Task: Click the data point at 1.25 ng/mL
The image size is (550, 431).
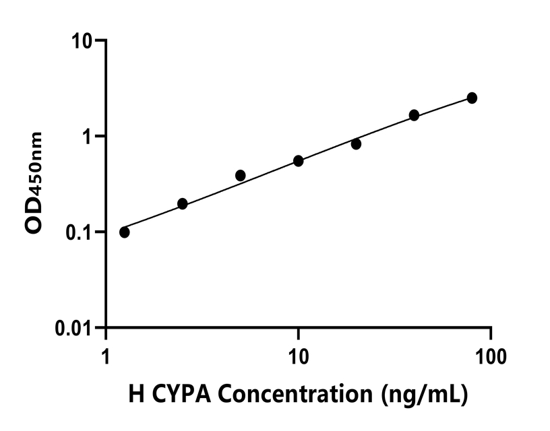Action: (x=125, y=232)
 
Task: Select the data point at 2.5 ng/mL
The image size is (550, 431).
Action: (x=182, y=203)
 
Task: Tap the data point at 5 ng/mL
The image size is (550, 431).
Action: (x=241, y=175)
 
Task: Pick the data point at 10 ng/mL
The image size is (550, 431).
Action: (x=299, y=161)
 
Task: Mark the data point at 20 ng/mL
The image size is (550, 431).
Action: (x=356, y=143)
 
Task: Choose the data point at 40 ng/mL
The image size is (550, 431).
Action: (x=414, y=115)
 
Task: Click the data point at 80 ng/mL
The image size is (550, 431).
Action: (x=472, y=98)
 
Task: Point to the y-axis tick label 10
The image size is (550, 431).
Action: (x=84, y=40)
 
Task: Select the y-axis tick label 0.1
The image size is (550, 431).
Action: (x=82, y=232)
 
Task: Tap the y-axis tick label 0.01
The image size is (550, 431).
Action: (x=75, y=328)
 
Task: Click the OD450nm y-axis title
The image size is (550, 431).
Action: (x=34, y=183)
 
